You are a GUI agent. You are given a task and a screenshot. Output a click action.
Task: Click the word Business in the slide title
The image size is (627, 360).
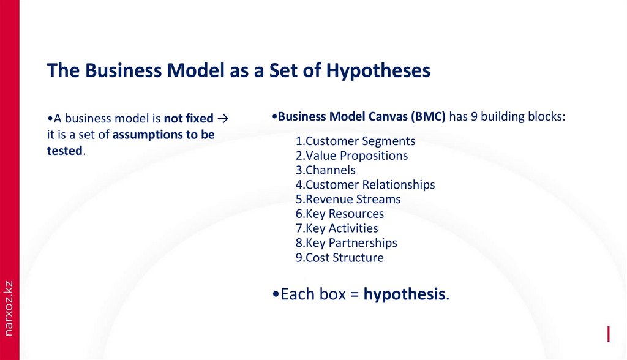(120, 71)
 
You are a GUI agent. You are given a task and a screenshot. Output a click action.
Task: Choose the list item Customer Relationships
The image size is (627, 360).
(365, 184)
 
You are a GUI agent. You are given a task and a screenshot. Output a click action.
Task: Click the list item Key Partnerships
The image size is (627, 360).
(346, 243)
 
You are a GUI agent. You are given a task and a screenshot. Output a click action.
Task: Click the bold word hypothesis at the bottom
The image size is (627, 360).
(404, 294)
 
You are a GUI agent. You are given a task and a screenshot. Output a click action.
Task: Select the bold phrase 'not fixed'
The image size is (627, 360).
(189, 118)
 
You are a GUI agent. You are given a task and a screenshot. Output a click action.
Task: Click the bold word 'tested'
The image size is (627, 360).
(64, 150)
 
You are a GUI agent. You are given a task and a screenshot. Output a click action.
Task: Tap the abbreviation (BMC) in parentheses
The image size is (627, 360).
(428, 116)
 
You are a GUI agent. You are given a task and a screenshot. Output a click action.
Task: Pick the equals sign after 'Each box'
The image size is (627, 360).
(354, 294)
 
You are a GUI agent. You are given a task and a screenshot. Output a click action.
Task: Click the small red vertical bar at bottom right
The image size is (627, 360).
(608, 334)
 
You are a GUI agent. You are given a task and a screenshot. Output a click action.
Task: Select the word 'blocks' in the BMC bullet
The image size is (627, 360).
(546, 116)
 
